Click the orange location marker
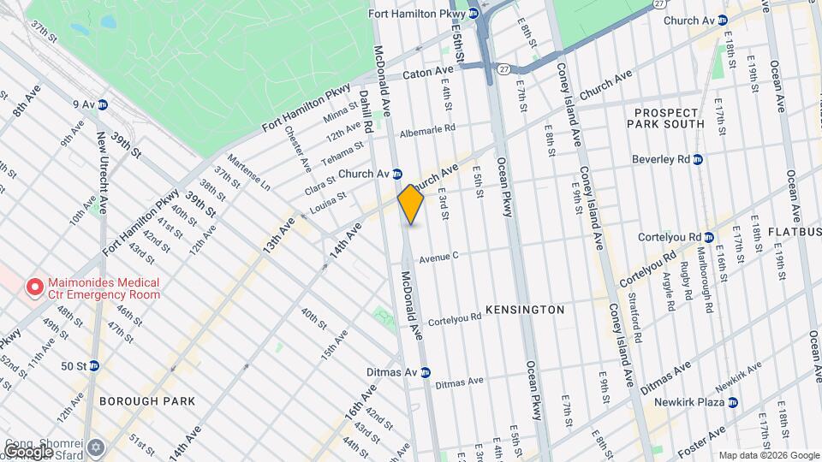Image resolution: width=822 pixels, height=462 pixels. tap(411, 204)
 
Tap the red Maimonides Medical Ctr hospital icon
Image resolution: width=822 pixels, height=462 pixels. tap(35, 287)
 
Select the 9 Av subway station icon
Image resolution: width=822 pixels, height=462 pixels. tap(102, 104)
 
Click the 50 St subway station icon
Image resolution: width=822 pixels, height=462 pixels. tap(94, 365)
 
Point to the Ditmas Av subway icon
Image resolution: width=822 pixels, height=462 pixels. tap(425, 372)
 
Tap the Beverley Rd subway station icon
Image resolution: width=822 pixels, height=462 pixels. tap(697, 159)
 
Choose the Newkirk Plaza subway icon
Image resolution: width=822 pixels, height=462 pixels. tap(733, 402)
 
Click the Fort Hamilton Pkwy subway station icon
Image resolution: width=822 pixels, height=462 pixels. tap(473, 13)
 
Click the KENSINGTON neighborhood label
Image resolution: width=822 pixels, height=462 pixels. tap(525, 309)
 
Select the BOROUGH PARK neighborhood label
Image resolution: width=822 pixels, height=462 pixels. tap(147, 400)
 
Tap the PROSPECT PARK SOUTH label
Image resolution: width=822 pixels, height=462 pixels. tap(670, 118)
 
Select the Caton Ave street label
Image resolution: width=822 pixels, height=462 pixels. tap(427, 72)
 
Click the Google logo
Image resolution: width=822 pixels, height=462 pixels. tap(27, 450)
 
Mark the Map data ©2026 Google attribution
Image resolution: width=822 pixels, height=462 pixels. tap(768, 455)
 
